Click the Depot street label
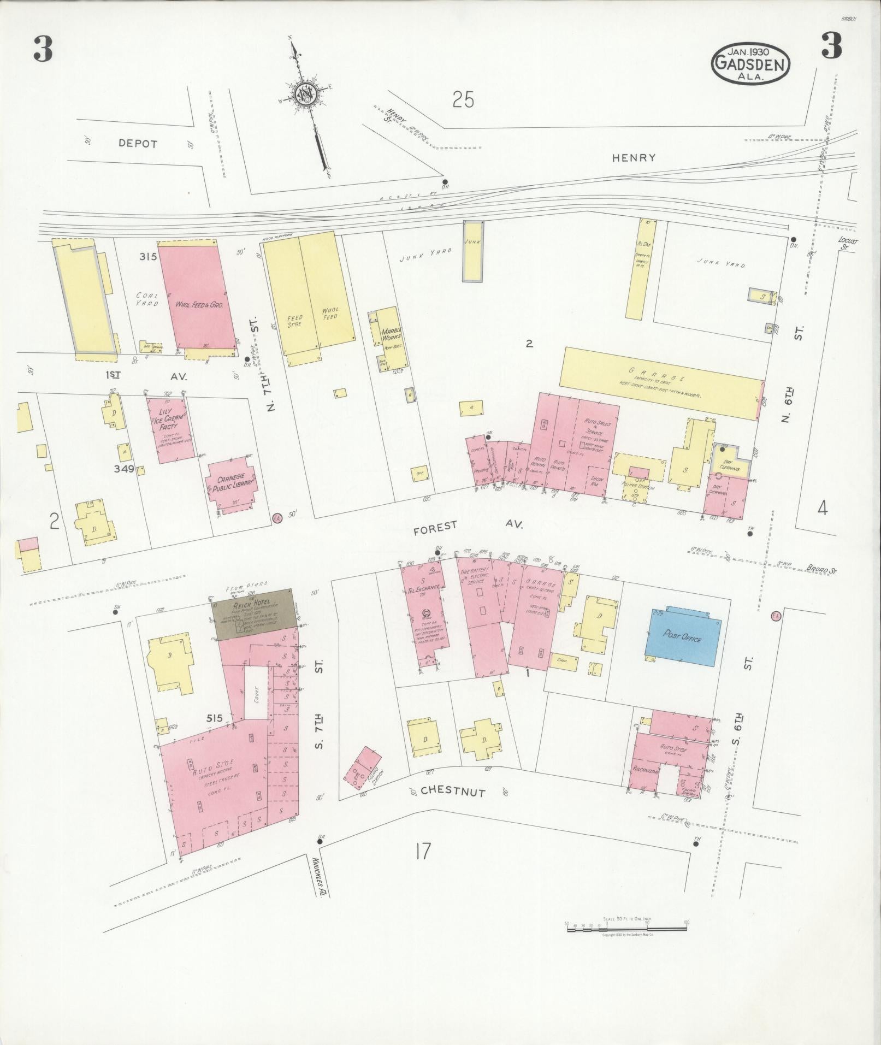[138, 144]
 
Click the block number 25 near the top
[463, 99]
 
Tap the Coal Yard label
[147, 299]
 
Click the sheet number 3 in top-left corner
[43, 49]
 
